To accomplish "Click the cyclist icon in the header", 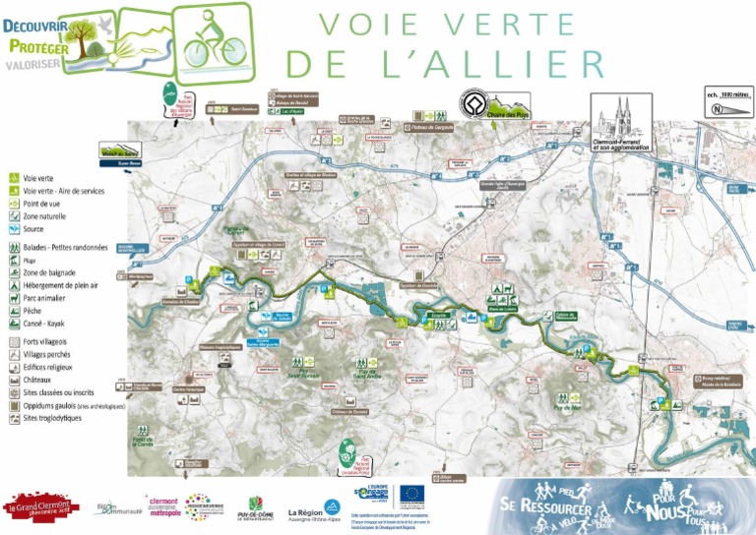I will (209, 39).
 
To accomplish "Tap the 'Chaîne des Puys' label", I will (509, 115).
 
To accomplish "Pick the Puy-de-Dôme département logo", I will (257, 507).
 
